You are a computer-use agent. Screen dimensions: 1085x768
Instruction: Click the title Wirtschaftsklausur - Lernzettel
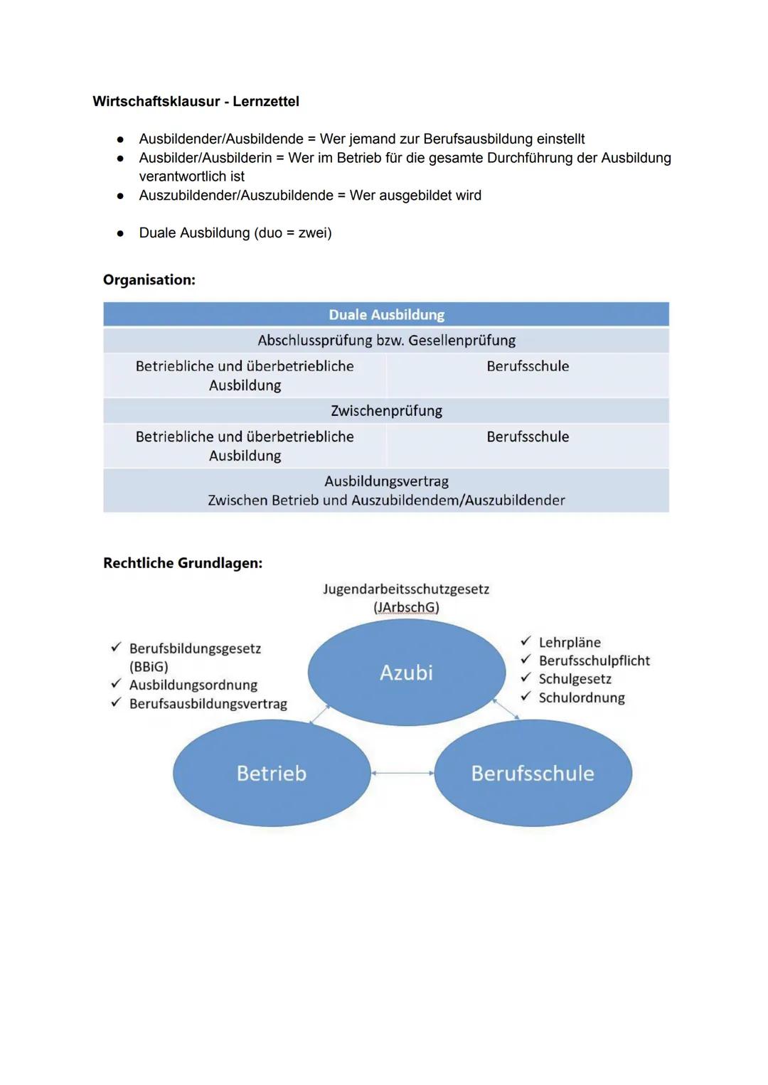click(196, 102)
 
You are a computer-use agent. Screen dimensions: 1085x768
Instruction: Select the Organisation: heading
click(149, 280)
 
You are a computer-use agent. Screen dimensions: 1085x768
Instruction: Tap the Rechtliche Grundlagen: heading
click(183, 563)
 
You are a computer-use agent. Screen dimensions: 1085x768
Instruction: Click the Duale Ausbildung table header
click(386, 315)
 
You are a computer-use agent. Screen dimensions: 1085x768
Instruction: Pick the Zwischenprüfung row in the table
click(386, 411)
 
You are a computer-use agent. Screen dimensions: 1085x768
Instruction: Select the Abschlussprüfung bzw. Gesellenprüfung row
click(386, 341)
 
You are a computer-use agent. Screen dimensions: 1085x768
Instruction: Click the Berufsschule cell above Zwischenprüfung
click(528, 367)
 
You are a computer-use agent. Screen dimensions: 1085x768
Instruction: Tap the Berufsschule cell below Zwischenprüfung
click(528, 437)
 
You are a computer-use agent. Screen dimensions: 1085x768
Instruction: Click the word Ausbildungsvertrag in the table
click(386, 481)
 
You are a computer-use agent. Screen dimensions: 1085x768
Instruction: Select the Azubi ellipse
click(406, 673)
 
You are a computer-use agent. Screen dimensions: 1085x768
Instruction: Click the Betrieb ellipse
click(271, 774)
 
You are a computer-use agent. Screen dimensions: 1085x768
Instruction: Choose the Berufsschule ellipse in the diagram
click(533, 774)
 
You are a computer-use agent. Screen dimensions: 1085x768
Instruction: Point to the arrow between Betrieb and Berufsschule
click(402, 773)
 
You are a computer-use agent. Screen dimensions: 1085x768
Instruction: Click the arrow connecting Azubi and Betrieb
click(319, 715)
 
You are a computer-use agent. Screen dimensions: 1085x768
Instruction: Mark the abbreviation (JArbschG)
click(406, 608)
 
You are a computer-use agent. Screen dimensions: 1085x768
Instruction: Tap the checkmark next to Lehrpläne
click(526, 642)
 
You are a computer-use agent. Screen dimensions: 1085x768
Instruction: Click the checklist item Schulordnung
click(581, 698)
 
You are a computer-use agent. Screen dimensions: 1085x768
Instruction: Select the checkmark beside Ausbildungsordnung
click(116, 684)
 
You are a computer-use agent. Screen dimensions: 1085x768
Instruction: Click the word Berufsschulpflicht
click(594, 661)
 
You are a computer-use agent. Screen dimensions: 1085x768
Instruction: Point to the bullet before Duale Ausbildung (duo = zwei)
click(121, 233)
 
